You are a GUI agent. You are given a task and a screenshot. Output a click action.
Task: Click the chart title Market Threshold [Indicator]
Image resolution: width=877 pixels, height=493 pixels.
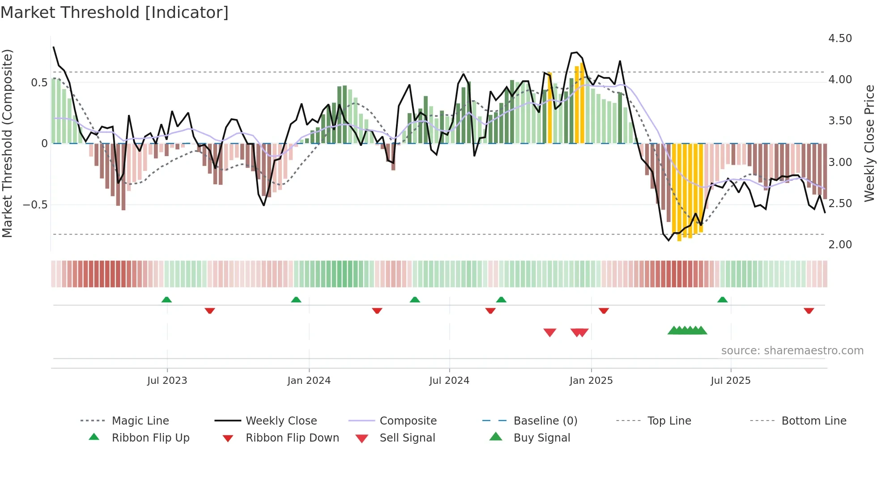pyautogui.click(x=115, y=13)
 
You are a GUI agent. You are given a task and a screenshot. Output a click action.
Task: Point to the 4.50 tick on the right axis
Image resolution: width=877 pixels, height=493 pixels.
pyautogui.click(x=840, y=38)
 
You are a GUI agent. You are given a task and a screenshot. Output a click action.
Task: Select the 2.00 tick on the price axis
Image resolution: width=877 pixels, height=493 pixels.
pyautogui.click(x=840, y=245)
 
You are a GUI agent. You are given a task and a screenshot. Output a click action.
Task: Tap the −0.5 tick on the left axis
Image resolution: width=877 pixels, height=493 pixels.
pyautogui.click(x=35, y=204)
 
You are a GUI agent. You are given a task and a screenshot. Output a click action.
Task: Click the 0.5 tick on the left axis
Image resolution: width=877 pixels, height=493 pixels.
pyautogui.click(x=39, y=83)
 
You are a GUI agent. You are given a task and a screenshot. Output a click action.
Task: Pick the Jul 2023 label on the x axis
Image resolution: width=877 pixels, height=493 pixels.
pyautogui.click(x=167, y=381)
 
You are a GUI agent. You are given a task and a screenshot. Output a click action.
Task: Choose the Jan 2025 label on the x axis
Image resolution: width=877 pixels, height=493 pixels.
pyautogui.click(x=591, y=381)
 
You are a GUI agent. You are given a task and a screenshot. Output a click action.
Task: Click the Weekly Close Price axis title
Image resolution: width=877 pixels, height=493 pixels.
pyautogui.click(x=869, y=143)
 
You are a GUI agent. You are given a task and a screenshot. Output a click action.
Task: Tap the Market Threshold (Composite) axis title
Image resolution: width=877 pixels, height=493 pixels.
pyautogui.click(x=7, y=143)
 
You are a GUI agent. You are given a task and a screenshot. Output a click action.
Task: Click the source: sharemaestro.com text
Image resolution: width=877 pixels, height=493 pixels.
pyautogui.click(x=792, y=351)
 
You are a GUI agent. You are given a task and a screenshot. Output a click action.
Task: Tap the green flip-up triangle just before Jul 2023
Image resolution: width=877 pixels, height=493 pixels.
pyautogui.click(x=166, y=300)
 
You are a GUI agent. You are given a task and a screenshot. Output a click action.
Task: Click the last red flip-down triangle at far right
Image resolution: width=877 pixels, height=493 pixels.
pyautogui.click(x=809, y=310)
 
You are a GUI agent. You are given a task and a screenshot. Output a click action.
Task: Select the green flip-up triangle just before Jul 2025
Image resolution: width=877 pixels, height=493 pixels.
pyautogui.click(x=722, y=300)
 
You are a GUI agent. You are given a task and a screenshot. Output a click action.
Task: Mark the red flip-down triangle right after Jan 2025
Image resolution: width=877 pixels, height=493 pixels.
pyautogui.click(x=604, y=310)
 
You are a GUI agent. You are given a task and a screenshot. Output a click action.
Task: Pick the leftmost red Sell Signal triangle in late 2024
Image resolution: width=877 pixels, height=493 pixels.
pyautogui.click(x=549, y=332)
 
